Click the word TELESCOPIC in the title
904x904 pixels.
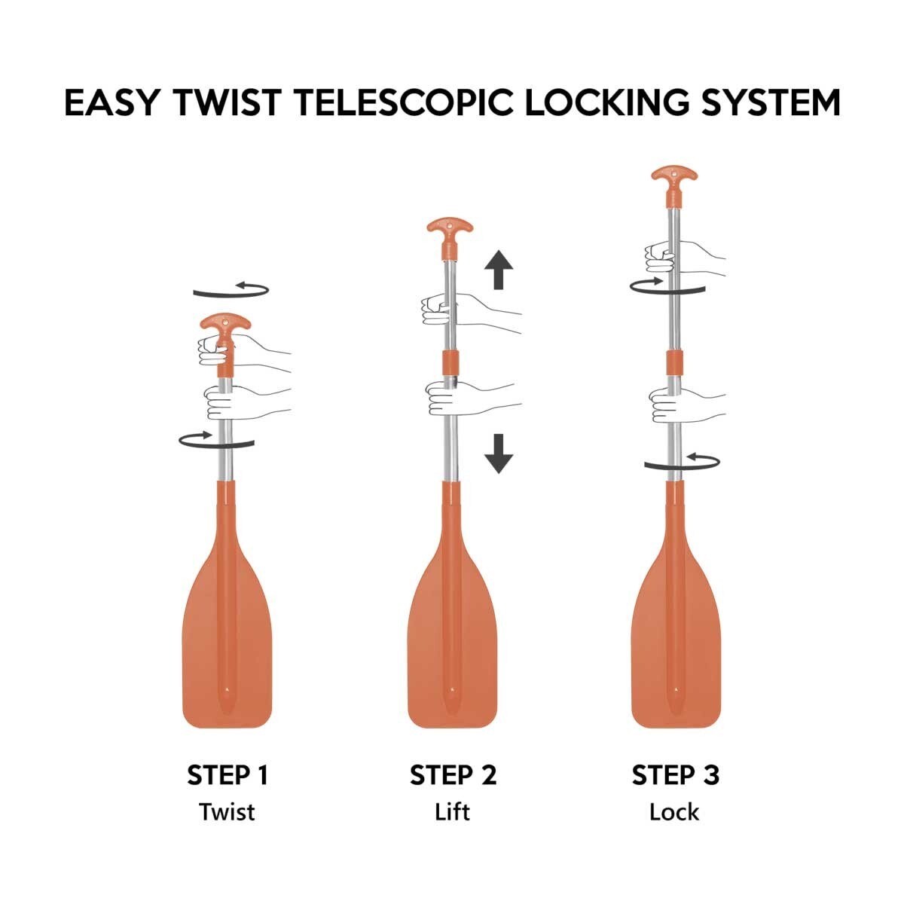coord(403,102)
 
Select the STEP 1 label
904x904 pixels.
coord(228,775)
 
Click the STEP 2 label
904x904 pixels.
coord(453,775)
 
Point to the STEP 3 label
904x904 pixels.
coord(676,775)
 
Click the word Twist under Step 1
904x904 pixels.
coord(227,812)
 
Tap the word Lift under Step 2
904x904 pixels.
coord(452,812)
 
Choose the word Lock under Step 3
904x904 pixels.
coord(674,812)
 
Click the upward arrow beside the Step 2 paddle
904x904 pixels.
coord(499,269)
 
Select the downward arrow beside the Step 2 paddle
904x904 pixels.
coord(499,454)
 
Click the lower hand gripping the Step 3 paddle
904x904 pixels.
coord(686,405)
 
